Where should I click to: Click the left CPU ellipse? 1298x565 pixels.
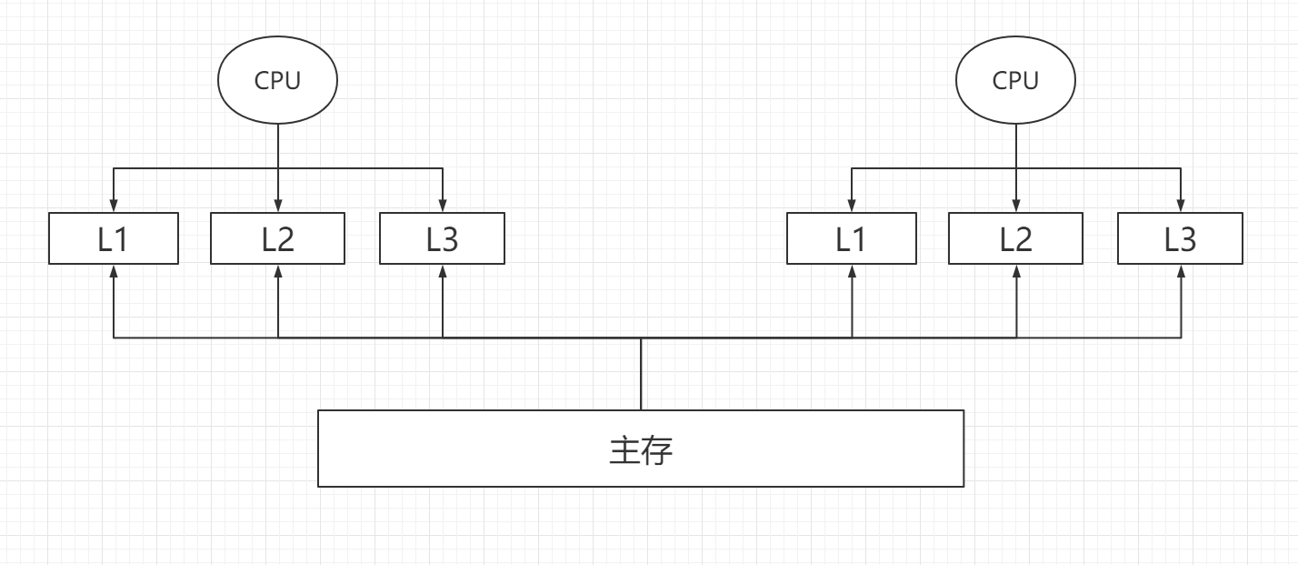(277, 81)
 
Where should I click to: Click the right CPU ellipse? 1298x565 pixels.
(1015, 81)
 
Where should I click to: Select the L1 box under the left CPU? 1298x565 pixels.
(114, 239)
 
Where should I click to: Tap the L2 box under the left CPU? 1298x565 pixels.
(277, 239)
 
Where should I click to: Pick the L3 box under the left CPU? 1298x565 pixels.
(442, 239)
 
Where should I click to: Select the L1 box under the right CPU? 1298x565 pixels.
(852, 239)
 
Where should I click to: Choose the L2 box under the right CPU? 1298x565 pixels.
(1015, 239)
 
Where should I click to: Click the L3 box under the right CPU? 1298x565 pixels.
(1180, 239)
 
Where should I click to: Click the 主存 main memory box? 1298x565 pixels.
(640, 449)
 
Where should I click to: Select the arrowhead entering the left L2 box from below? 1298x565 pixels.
(277, 270)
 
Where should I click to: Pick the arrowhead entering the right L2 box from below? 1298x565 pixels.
(1015, 270)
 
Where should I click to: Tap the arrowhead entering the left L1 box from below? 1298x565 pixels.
(114, 270)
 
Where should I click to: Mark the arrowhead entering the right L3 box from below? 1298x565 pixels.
(1180, 270)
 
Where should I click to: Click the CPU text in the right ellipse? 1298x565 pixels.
(1015, 81)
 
